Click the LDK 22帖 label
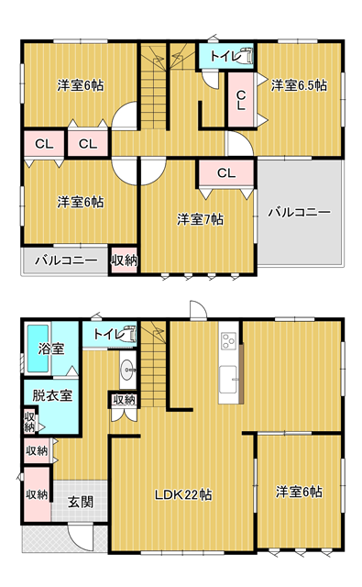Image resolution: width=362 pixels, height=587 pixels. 183,495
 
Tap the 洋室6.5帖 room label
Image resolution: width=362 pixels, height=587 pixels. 299,85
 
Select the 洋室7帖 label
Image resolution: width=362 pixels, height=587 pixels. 201,219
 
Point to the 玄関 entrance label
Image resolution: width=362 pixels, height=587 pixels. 81,502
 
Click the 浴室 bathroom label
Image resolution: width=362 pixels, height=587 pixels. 51,349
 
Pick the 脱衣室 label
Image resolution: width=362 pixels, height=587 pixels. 52,395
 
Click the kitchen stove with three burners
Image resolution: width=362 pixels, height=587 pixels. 228,340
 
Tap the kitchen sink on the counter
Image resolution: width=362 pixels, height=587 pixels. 228,380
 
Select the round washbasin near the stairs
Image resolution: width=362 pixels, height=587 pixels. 128,370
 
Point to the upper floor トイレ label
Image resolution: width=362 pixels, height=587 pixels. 224,56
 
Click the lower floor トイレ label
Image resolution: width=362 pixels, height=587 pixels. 108,334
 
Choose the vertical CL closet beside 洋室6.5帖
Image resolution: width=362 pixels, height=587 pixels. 242,100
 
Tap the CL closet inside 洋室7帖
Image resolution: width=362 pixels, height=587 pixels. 226,173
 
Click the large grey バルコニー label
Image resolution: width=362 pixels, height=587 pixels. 300,213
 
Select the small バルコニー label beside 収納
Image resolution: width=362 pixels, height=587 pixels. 66,260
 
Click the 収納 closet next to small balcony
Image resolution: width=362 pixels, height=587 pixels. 124,260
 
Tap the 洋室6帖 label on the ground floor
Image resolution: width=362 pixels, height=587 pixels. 299,492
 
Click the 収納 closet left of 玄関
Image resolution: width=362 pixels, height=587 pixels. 37,494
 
